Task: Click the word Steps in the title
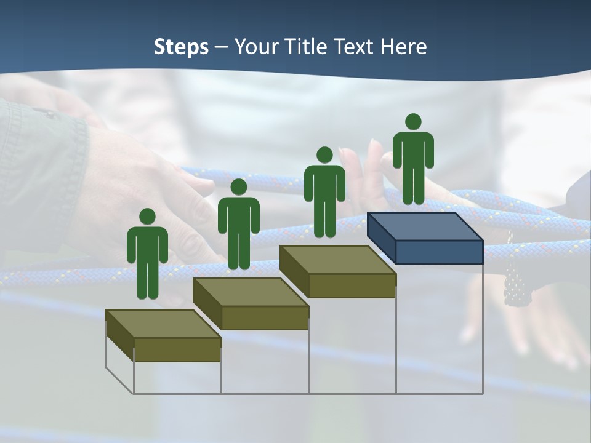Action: coord(181,47)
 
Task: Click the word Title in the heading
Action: coord(308,47)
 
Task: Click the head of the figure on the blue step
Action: coord(413,122)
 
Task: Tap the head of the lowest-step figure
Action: coord(147,217)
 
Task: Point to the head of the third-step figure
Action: coord(324,154)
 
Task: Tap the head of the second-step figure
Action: coord(238,187)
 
